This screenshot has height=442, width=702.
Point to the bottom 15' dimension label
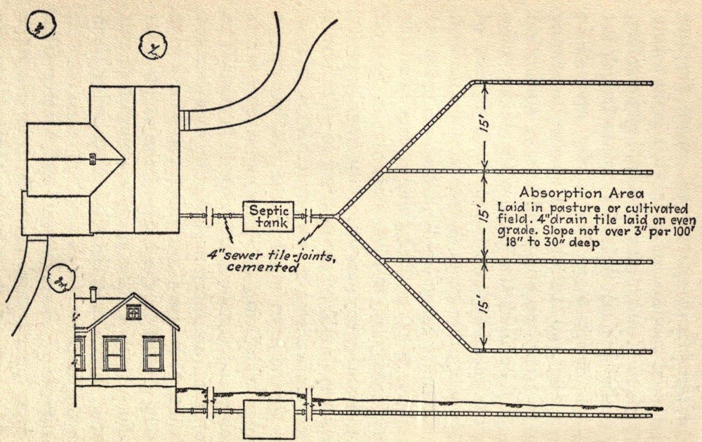[484, 305]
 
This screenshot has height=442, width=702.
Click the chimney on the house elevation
[93, 294]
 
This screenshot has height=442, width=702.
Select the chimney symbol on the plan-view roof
[93, 159]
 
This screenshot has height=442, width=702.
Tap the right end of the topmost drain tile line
[651, 83]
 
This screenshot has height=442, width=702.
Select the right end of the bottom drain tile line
[651, 351]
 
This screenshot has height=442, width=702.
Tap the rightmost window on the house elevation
[152, 353]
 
